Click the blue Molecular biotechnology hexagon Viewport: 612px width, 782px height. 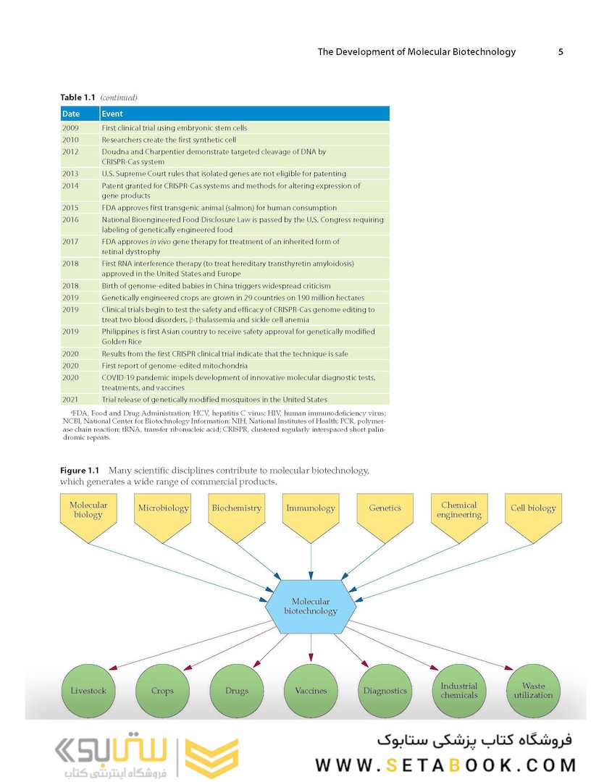[311, 607]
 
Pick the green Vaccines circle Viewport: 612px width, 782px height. [311, 691]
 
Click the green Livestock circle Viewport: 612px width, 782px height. [88, 691]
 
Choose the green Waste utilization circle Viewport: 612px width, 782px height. [533, 691]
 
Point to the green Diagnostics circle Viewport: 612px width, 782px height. [385, 691]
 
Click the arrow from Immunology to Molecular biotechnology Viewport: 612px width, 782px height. [311, 562]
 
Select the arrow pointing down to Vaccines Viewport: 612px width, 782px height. [311, 648]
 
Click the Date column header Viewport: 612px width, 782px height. [80, 114]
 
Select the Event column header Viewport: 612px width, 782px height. [244, 114]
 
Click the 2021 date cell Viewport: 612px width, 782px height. [70, 400]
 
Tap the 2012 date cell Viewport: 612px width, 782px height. [70, 151]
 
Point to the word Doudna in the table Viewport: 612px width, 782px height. [114, 151]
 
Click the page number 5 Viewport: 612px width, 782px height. [561, 52]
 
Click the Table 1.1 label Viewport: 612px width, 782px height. [77, 97]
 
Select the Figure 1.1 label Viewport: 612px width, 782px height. [79, 471]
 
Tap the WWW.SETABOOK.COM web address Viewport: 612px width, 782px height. [445, 765]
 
